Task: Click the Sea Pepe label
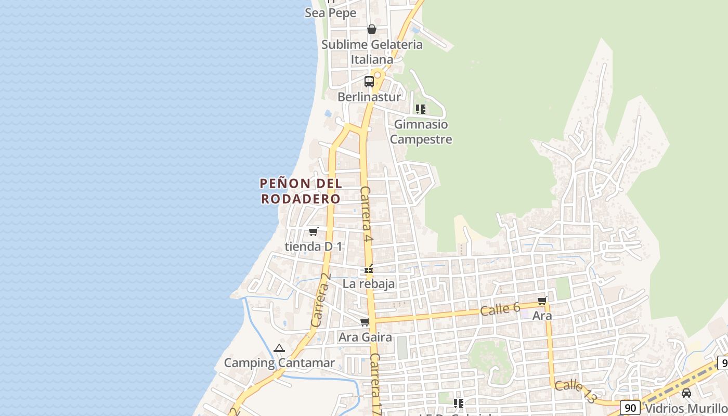coord(331,13)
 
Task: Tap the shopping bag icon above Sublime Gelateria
coord(372,29)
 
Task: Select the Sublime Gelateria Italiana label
coord(372,52)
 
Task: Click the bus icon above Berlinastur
coord(369,82)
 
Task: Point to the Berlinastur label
coord(369,97)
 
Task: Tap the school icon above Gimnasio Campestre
coord(421,109)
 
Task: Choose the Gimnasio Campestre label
coord(421,132)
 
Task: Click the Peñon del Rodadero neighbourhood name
coord(301,191)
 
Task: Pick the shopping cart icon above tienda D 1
coord(313,232)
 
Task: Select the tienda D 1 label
coord(314,246)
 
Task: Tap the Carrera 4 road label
coord(366,214)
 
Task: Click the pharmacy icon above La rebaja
coord(369,270)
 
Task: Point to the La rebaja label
coord(369,284)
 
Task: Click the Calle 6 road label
coord(500,309)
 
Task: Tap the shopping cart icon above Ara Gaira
coord(365,322)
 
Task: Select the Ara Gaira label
coord(365,337)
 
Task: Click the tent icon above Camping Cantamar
coord(279,348)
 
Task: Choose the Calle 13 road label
coord(576,391)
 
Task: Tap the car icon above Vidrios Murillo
coord(686,393)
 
